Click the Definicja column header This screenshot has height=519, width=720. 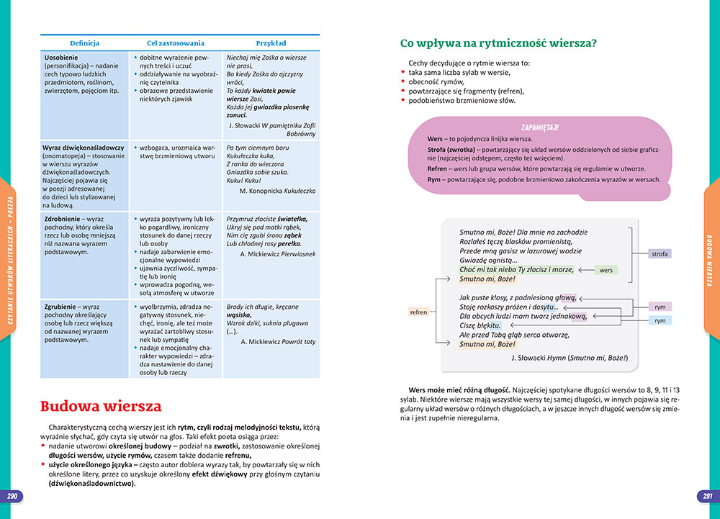84,43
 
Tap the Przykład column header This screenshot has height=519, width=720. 271,43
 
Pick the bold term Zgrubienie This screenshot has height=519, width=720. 63,306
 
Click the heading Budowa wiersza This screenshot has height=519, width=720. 100,407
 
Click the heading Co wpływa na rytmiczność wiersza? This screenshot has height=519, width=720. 498,43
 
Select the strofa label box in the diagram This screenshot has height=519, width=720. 659,254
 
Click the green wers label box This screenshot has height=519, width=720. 606,270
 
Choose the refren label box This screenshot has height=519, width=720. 418,312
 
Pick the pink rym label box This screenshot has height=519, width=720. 660,307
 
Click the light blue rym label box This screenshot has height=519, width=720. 660,320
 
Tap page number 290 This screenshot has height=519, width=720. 12,497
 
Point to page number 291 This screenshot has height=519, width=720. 707,497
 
